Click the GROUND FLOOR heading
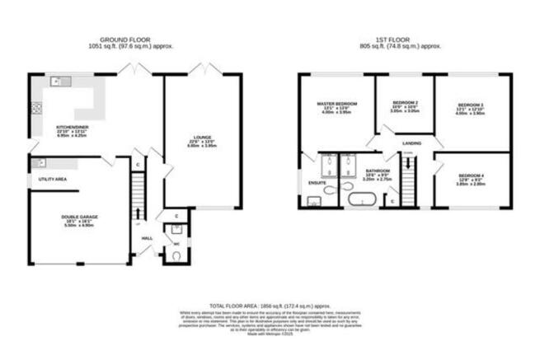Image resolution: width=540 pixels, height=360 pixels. click(x=125, y=40)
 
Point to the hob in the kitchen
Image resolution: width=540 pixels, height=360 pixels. click(x=35, y=107)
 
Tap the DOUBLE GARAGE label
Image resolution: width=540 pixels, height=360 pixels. click(x=79, y=217)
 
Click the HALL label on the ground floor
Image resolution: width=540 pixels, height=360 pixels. click(x=147, y=238)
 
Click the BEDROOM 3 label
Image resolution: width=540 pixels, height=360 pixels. click(x=470, y=105)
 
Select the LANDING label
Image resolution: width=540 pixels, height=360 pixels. click(x=411, y=143)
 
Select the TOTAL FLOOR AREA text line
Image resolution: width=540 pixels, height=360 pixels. click(x=270, y=304)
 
